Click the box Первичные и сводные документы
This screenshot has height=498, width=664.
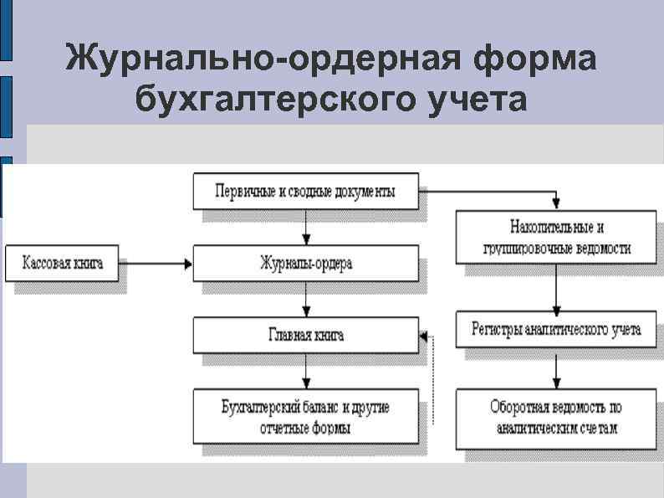point(305,192)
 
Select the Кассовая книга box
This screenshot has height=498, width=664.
point(62,264)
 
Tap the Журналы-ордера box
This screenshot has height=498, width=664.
point(305,264)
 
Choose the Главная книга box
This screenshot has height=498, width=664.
point(305,335)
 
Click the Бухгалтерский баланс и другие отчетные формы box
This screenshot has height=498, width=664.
point(305,416)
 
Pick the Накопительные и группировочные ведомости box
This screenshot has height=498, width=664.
point(556,238)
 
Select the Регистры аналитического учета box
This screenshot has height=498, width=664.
point(556,329)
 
